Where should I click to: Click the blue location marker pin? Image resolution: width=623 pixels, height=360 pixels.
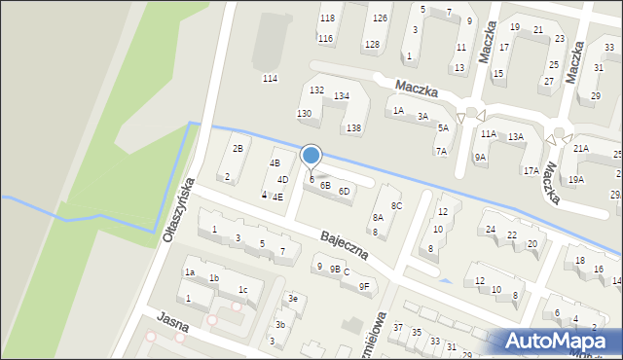(311, 156)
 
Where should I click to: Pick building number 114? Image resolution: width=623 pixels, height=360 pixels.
(270, 78)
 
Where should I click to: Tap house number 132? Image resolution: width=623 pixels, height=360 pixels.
(316, 90)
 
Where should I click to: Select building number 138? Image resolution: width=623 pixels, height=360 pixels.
(354, 128)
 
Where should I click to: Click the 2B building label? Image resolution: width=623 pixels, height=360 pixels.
(237, 148)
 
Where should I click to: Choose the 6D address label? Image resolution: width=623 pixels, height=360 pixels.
(344, 191)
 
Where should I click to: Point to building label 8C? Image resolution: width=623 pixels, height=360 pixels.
(396, 205)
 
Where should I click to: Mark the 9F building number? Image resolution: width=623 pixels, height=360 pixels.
(364, 286)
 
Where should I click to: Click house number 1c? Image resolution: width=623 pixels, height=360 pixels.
(243, 290)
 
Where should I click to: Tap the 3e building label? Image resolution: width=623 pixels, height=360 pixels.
(292, 299)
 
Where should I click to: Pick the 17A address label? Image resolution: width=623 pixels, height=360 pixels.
(531, 170)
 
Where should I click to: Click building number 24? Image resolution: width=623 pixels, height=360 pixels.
(491, 230)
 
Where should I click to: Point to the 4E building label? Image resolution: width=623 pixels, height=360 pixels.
(277, 197)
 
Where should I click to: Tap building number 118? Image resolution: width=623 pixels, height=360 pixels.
(327, 18)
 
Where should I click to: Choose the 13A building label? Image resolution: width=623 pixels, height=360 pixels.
(515, 137)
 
